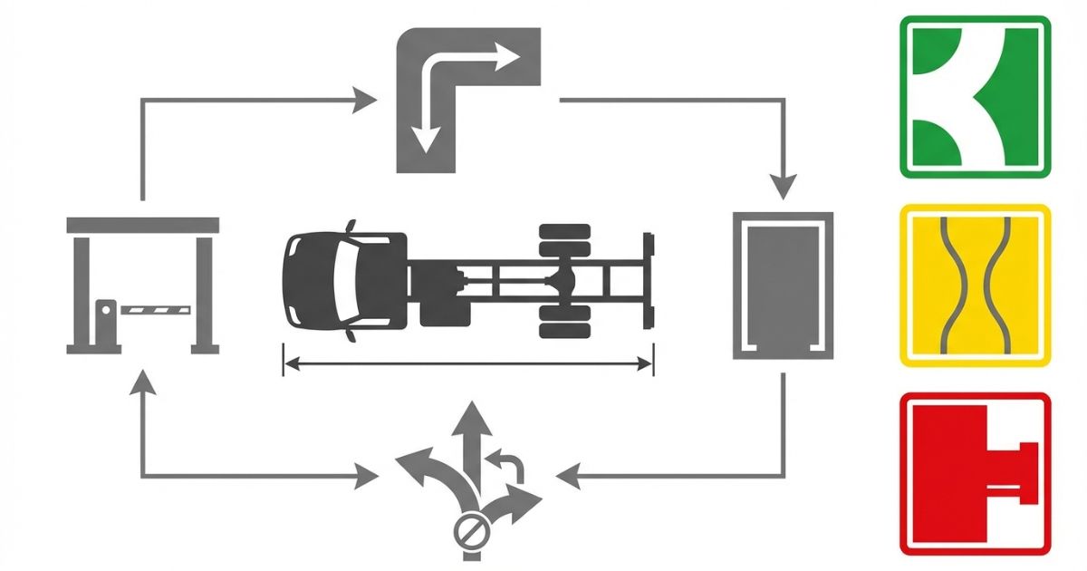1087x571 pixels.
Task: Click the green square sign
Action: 975,96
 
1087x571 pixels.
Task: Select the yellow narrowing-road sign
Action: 975,286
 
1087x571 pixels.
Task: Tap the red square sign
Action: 975,473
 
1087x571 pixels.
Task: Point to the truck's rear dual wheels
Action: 564,282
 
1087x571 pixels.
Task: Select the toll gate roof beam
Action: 143,225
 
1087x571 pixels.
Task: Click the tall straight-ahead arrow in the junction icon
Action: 469,444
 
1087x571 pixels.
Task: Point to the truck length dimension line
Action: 467,364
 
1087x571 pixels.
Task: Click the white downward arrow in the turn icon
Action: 426,136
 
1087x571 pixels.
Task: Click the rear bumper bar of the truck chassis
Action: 648,282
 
